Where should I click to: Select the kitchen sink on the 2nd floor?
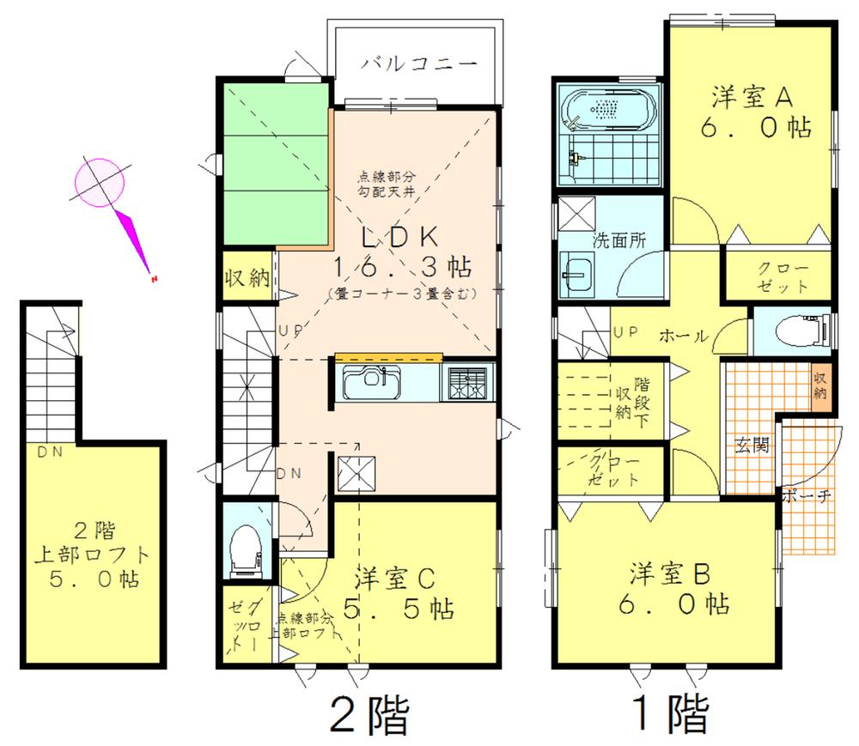tap(369, 382)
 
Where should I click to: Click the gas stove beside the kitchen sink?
tap(467, 382)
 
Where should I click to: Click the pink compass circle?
tap(101, 182)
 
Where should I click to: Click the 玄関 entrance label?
tap(750, 446)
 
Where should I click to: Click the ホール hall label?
tap(684, 337)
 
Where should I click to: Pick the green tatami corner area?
tap(276, 163)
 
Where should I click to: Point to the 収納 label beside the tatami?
tap(247, 279)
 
